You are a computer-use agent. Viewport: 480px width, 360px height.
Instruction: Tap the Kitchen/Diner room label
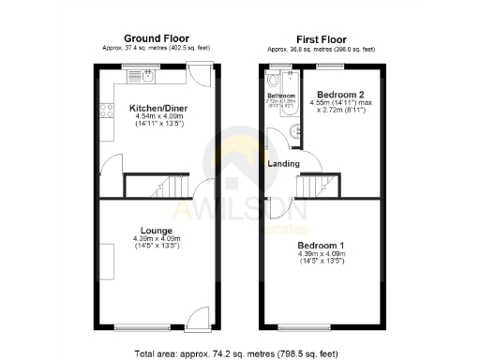(158, 109)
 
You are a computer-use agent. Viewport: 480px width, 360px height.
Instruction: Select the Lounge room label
(156, 230)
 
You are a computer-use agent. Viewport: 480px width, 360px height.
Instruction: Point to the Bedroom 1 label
(322, 245)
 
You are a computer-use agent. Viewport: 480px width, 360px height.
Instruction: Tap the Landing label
(284, 164)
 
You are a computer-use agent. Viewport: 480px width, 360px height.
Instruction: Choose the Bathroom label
(281, 96)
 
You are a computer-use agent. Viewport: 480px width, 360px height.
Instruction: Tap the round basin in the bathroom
(296, 131)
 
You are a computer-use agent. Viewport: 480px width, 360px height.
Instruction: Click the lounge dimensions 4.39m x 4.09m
(156, 243)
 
